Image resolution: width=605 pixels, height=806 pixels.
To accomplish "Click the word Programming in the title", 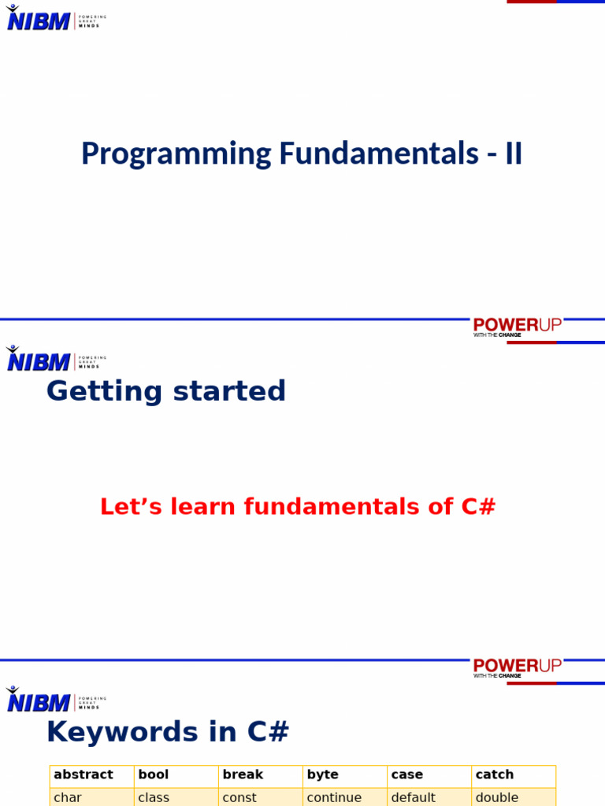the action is point(176,153).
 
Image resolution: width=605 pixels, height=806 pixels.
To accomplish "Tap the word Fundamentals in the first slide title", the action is point(379,153).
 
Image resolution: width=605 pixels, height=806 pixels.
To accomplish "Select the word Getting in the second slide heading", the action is point(105,392).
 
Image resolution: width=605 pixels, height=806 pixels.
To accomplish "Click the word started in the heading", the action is point(229,391).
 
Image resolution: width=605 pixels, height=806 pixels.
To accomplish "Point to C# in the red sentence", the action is point(478,506).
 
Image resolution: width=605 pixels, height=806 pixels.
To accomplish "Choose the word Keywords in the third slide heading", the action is point(122,731).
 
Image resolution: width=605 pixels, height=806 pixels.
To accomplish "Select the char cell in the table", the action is point(92,797).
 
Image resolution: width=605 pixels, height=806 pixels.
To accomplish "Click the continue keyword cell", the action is point(345,797).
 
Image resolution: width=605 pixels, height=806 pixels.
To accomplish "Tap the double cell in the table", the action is point(514,797).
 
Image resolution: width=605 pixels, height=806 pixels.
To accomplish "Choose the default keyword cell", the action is point(429,797).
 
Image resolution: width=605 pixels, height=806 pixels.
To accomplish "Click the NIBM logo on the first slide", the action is point(56,18).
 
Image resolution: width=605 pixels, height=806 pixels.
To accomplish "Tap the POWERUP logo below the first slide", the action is point(517,327).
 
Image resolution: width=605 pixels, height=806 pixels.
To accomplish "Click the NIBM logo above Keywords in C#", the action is point(56,699).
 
